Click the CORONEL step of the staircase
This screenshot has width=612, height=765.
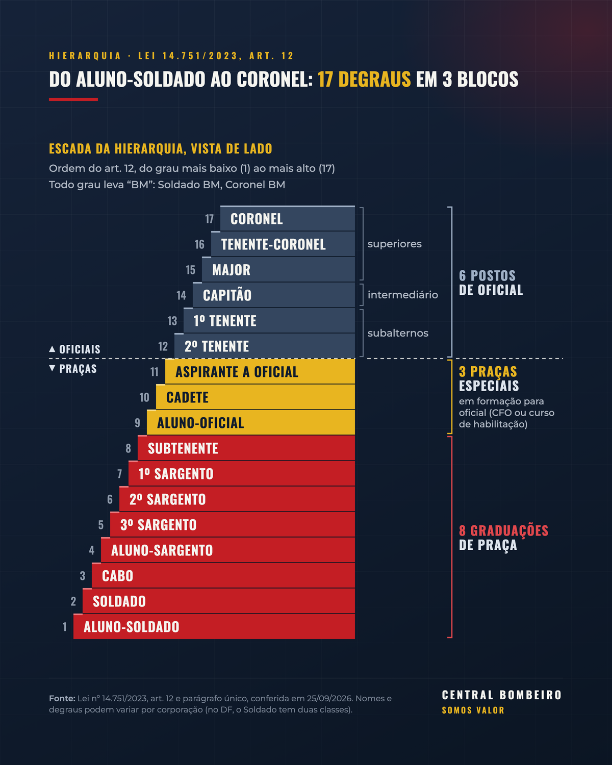(287, 218)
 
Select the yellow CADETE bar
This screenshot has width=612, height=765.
(256, 397)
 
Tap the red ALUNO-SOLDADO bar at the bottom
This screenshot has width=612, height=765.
(214, 627)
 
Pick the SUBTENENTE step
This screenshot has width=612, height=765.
(246, 448)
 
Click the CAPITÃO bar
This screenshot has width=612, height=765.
(274, 295)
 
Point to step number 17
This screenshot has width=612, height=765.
(210, 219)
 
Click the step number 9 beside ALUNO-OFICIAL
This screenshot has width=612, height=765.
(137, 423)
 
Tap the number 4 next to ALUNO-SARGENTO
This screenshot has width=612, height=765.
(92, 550)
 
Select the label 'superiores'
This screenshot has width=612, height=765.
(394, 244)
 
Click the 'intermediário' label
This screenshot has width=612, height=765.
(402, 295)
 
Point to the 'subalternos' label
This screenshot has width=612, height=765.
(398, 333)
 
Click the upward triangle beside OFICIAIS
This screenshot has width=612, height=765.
(52, 349)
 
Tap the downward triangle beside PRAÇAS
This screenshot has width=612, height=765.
(52, 368)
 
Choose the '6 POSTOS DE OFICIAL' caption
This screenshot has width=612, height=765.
(491, 283)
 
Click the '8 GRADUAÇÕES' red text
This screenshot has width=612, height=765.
(503, 530)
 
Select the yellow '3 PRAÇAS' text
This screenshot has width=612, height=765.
(488, 371)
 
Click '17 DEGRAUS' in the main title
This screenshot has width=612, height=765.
(364, 79)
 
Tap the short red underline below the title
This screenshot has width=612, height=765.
(73, 99)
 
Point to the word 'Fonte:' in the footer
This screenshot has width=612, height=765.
(62, 699)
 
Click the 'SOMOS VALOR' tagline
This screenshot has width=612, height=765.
(473, 710)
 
